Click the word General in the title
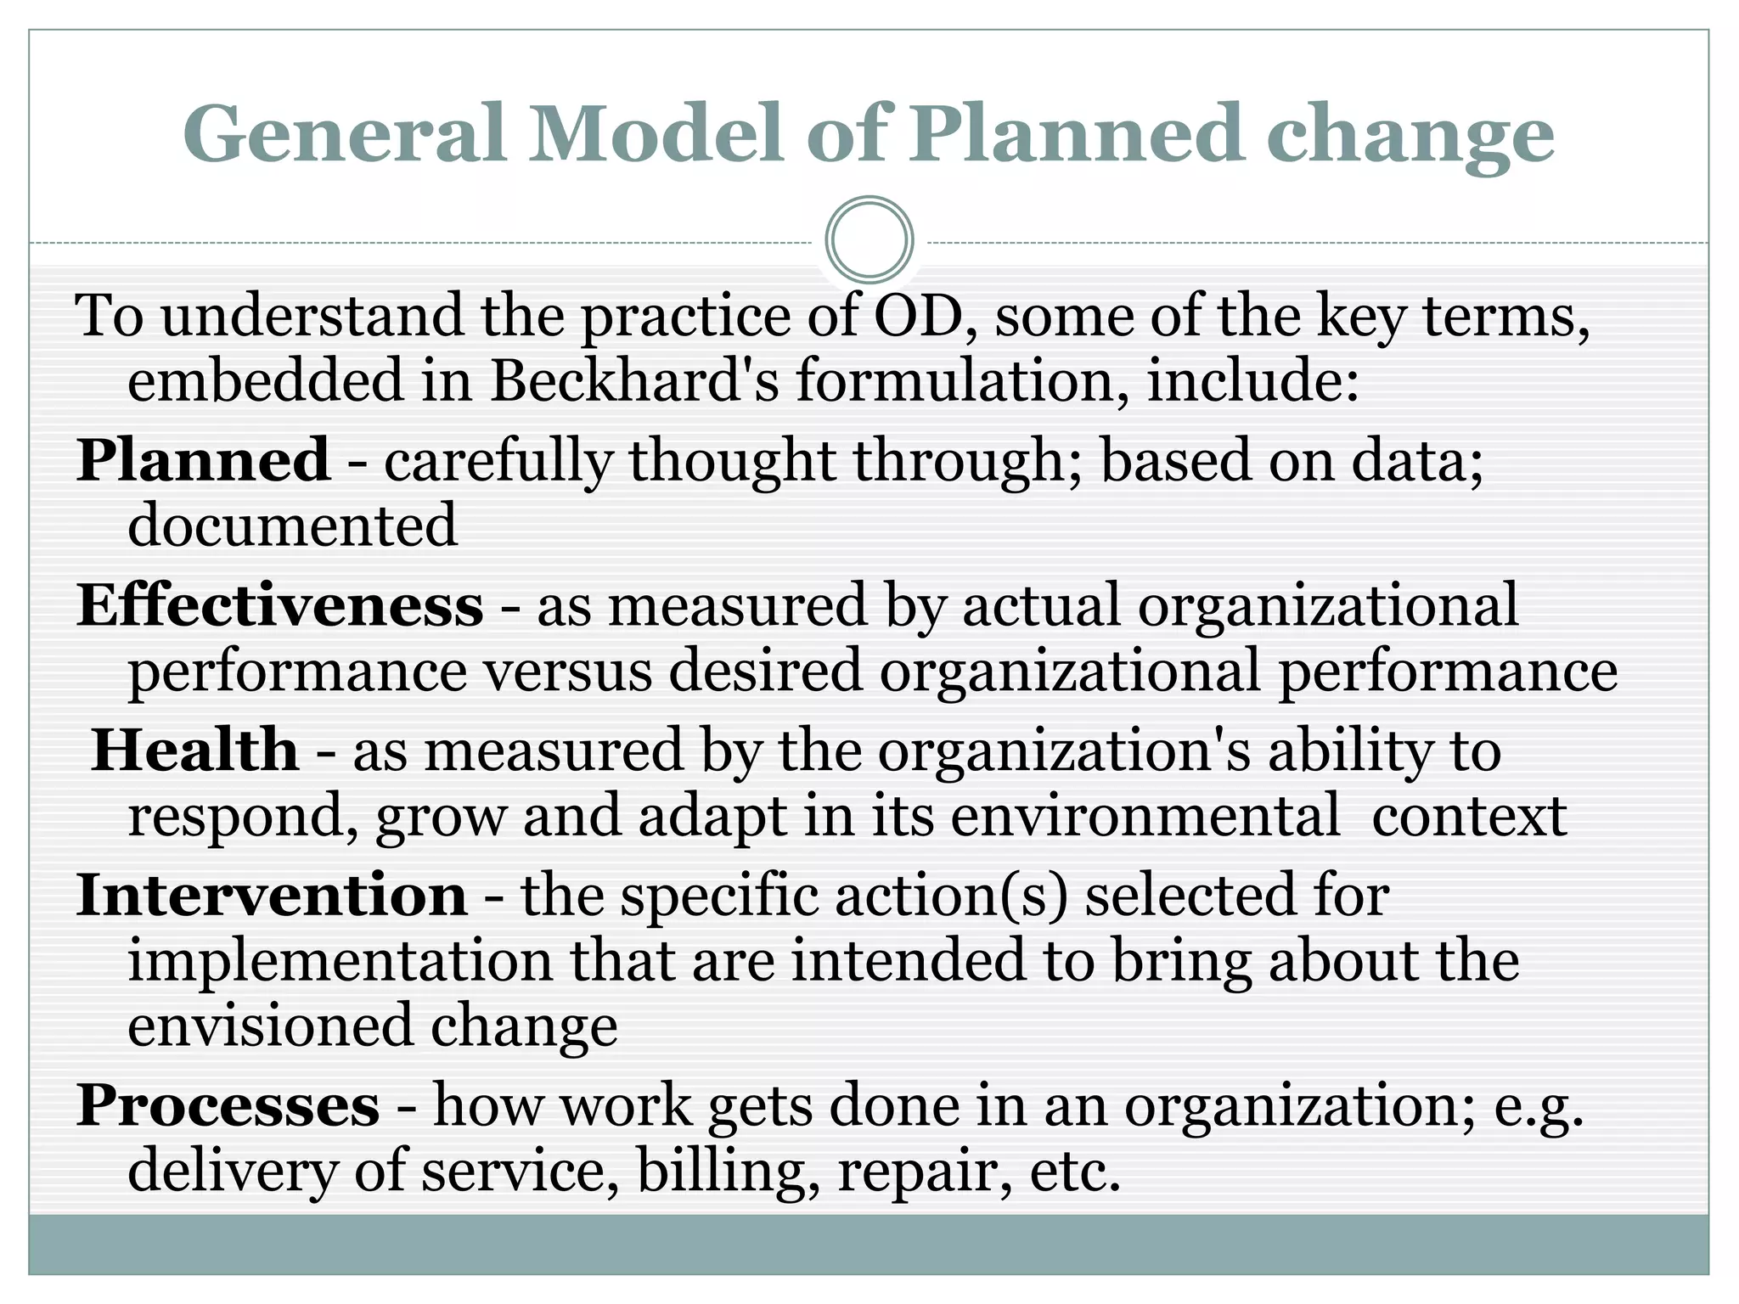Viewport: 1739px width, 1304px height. pyautogui.click(x=344, y=134)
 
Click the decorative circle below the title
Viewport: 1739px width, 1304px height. pyautogui.click(x=869, y=239)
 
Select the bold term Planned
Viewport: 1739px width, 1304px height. pyautogui.click(x=203, y=460)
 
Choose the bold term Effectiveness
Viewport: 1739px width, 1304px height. pyautogui.click(x=280, y=606)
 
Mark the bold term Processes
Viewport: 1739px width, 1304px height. pyautogui.click(x=228, y=1106)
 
